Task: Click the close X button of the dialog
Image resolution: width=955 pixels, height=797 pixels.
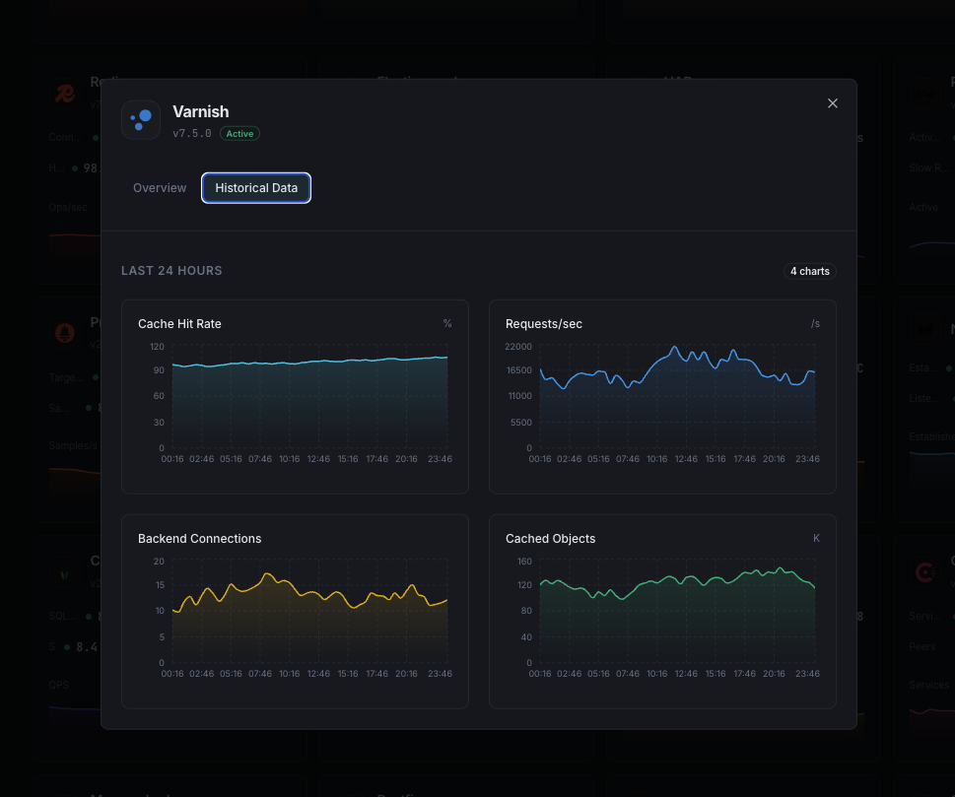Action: coord(833,103)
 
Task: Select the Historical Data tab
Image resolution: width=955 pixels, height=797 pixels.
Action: coord(256,188)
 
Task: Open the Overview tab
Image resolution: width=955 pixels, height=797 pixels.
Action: coord(160,188)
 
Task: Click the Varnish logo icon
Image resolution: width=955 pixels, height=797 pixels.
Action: coord(141,120)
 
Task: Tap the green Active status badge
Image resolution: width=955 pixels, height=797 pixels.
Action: coord(239,134)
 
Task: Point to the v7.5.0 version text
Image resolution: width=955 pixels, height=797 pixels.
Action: coord(192,134)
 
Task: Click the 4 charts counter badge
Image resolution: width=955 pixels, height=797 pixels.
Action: coord(810,271)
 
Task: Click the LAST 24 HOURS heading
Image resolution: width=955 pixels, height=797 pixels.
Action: coord(171,271)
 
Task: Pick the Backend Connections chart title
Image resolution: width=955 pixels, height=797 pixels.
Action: coord(199,539)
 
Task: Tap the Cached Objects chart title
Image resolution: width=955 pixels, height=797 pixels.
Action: coord(550,539)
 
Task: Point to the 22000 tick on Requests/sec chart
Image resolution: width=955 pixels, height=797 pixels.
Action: coord(518,347)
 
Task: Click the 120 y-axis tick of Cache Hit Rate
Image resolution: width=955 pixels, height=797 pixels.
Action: coord(157,347)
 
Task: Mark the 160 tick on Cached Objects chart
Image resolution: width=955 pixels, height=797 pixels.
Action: coord(524,562)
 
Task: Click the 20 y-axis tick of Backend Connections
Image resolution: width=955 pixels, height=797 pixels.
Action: coord(159,562)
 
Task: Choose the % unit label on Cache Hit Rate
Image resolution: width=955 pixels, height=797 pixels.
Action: coord(447,324)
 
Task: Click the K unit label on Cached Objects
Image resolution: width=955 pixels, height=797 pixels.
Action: coord(816,539)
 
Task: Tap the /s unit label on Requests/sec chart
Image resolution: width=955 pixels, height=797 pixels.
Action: coord(815,324)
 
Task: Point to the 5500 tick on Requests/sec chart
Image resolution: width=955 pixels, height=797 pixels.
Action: coord(521,423)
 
